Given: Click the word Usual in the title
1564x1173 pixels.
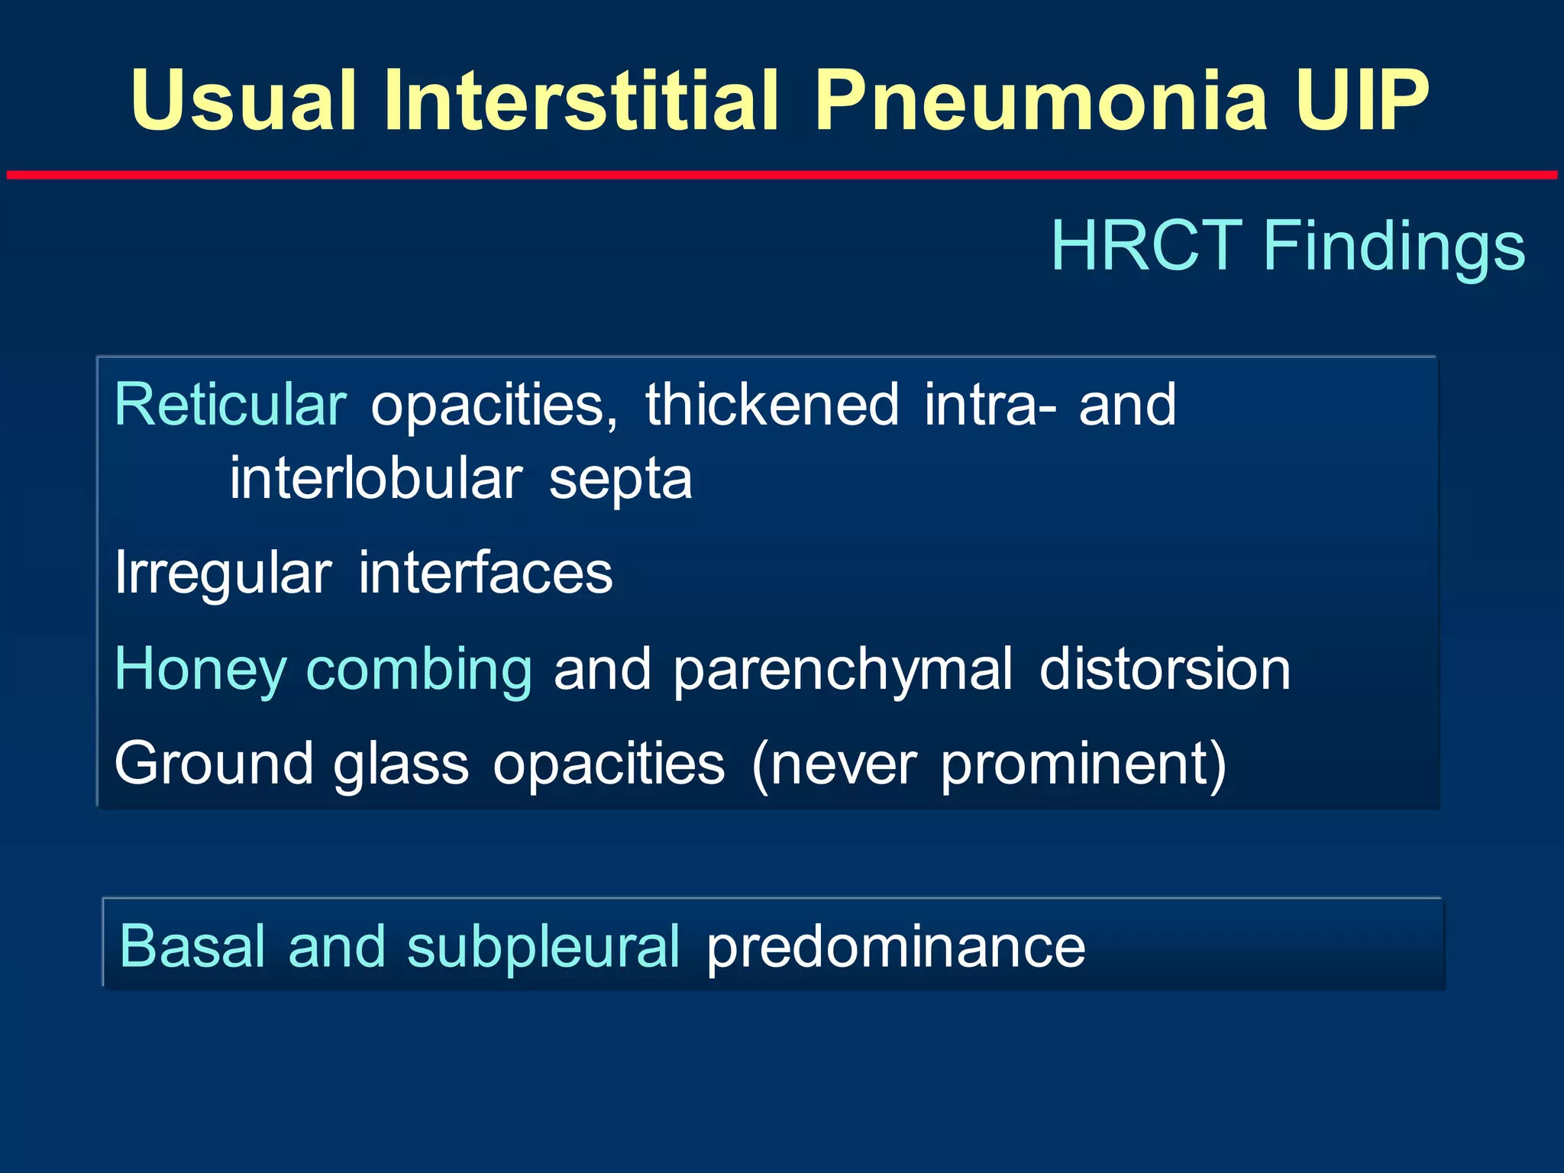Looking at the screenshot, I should coord(243,101).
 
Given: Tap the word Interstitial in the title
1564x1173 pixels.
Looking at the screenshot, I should coord(580,101).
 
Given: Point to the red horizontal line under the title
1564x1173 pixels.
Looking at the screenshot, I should coord(782,176).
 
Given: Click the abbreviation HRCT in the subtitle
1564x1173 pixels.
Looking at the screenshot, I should coord(1146,246).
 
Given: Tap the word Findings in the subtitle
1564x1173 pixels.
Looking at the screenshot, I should coord(1394,246).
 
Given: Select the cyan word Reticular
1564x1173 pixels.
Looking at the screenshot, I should coord(231,405).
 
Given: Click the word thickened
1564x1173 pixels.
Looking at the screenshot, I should coord(772,405).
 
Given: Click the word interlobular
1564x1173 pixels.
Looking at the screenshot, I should coord(376,480).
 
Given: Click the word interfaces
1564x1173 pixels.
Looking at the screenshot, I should coord(485,573).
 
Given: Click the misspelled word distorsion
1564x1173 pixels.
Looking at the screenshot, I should coord(1165,669).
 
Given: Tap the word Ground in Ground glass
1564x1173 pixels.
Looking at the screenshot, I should coord(213,764).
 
